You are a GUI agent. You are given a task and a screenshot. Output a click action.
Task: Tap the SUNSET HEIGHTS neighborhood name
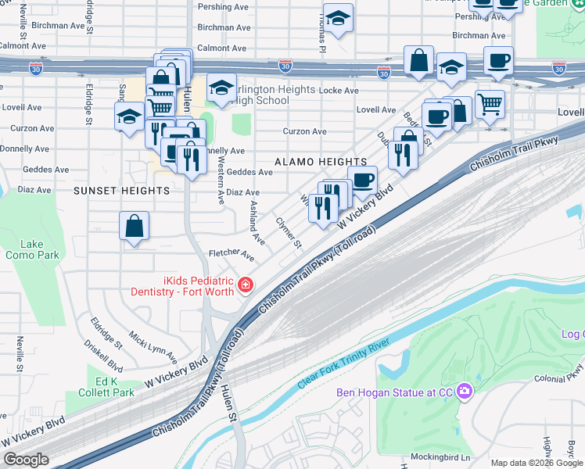[x=121, y=190]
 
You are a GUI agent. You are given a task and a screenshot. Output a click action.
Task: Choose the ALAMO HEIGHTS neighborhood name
[x=309, y=161]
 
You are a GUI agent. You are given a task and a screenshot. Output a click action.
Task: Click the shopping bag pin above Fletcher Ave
[x=135, y=226]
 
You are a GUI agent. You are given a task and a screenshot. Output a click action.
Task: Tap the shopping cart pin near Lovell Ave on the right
[x=490, y=103]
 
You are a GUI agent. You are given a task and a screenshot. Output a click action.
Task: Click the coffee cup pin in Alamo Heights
[x=362, y=180]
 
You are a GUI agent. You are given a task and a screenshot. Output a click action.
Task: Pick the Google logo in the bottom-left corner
[x=26, y=460]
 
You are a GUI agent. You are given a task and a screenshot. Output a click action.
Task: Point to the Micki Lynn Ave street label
[x=153, y=346]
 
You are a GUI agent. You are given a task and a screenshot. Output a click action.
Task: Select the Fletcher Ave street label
[x=231, y=255]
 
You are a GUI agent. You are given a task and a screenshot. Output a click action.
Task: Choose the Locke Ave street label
[x=338, y=91]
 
